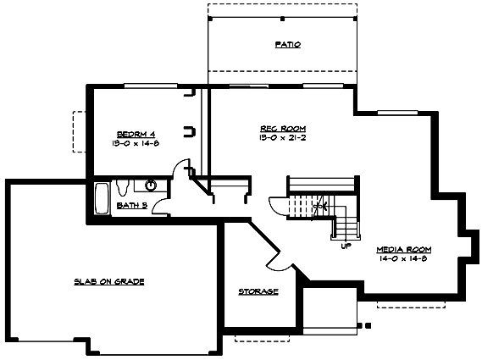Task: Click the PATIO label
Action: pyautogui.click(x=288, y=44)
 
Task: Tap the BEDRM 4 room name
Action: pyautogui.click(x=136, y=135)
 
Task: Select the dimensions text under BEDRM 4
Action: pyautogui.click(x=136, y=144)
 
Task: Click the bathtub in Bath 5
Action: pyautogui.click(x=101, y=198)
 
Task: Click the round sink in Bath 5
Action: pyautogui.click(x=152, y=184)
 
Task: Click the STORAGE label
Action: pyautogui.click(x=258, y=291)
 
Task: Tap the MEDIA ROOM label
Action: pyautogui.click(x=404, y=250)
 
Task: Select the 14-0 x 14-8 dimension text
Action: pyautogui.click(x=404, y=259)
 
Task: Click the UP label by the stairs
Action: pyautogui.click(x=346, y=246)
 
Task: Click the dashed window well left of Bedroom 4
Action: pyautogui.click(x=79, y=130)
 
